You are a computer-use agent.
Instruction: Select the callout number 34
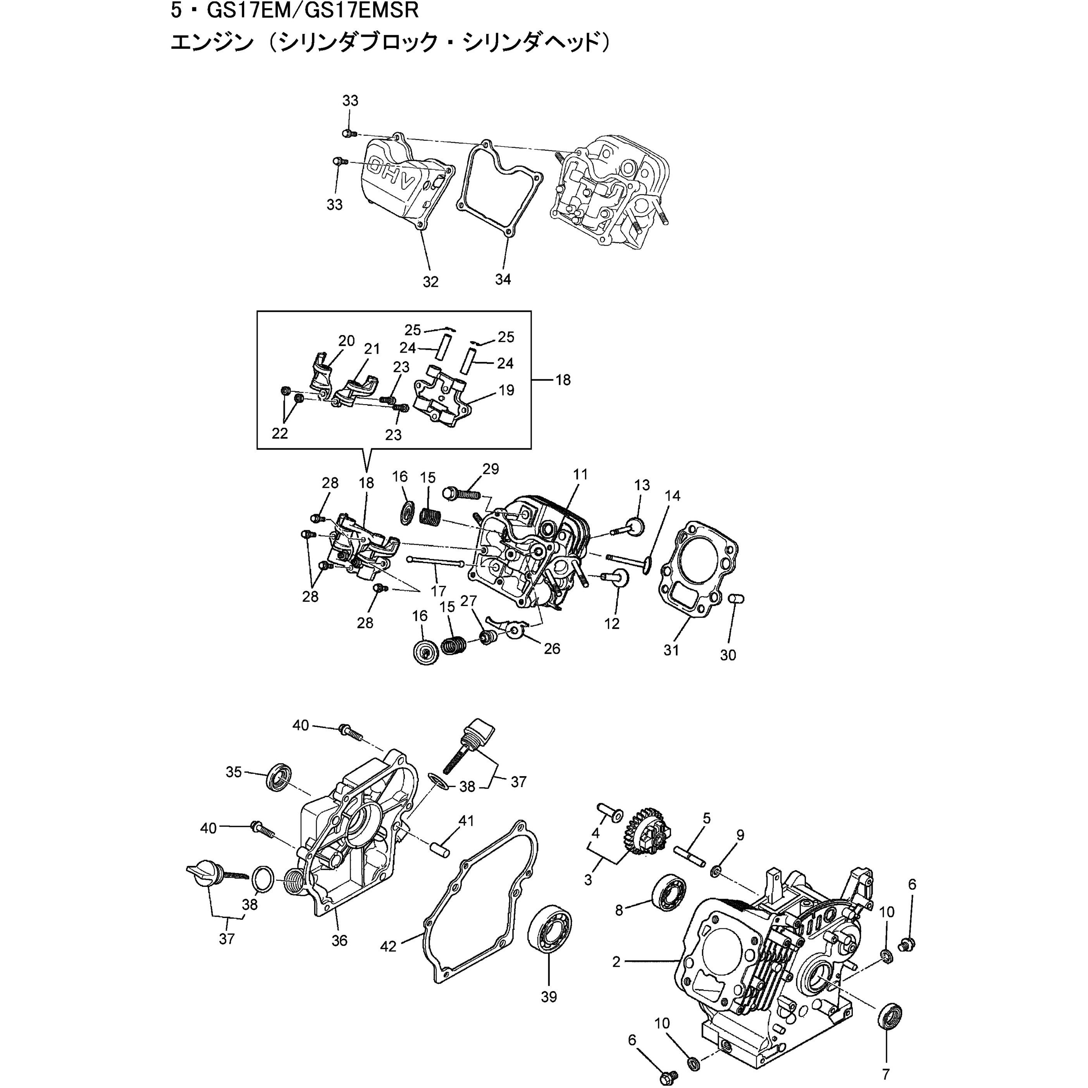(503, 279)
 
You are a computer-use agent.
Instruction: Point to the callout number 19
(506, 390)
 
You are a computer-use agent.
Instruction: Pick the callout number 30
(728, 655)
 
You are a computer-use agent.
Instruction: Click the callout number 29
(491, 469)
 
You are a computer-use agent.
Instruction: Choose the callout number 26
(552, 648)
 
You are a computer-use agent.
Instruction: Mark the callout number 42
(388, 946)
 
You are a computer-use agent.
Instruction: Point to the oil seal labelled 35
(279, 777)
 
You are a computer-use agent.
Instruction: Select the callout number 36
(339, 940)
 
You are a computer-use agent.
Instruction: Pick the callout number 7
(885, 1074)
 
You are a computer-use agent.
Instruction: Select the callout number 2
(616, 961)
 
